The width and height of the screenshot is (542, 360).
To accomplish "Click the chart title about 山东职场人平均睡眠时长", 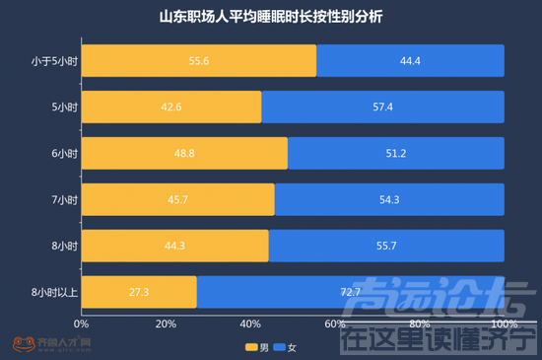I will click(271, 17).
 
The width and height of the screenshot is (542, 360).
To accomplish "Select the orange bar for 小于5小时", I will click(198, 61).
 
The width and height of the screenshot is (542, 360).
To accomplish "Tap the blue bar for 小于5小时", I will click(411, 61).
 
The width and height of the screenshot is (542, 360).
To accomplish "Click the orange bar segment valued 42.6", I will click(170, 108).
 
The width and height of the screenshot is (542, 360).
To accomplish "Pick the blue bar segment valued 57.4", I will click(383, 108).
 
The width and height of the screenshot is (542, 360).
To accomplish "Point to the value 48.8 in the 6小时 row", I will click(184, 154).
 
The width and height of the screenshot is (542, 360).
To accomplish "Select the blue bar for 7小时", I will click(390, 200).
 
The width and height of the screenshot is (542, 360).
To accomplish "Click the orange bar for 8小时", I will click(174, 247).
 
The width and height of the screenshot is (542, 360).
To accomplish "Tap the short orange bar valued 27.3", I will click(139, 293).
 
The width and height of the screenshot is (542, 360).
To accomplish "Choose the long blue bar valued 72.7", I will click(351, 293).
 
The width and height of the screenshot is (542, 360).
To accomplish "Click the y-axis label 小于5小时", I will click(53, 61).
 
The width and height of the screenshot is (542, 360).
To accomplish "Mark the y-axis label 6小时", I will click(64, 154).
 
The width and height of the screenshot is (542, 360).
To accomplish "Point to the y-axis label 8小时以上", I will click(55, 293).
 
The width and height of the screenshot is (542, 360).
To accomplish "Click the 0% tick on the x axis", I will click(82, 324).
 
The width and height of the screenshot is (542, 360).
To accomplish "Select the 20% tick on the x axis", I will click(166, 324).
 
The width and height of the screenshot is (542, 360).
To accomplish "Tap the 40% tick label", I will click(250, 324).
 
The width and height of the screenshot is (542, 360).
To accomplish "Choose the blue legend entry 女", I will click(285, 347).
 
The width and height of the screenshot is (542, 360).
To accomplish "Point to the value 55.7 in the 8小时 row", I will click(386, 247).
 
